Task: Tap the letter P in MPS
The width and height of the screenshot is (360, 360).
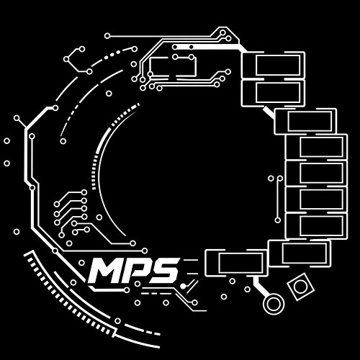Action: pos(136,271)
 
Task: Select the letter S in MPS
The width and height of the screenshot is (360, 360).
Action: pos(164,271)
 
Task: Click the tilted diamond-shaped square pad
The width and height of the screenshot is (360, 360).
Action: pos(301,287)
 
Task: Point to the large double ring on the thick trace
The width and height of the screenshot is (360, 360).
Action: pos(274,304)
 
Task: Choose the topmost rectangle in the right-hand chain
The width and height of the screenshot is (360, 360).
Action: pos(274,65)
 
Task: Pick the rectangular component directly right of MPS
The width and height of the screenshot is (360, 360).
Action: pos(236,263)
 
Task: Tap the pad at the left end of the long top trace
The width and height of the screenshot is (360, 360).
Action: pos(107,36)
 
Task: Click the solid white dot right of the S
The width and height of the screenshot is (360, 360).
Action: pos(183,286)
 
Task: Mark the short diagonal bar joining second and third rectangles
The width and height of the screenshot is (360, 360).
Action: pos(269,112)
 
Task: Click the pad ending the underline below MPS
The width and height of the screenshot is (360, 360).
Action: pos(127,290)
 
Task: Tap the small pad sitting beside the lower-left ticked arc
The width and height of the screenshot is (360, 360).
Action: pos(117,321)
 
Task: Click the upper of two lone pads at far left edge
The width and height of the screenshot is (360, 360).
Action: pos(7,141)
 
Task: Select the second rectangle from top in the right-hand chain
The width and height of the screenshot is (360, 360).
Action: pos(274,93)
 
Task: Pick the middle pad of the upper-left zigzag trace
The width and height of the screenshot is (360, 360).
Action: pos(66,59)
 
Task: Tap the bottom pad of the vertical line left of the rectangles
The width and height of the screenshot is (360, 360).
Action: pos(278,220)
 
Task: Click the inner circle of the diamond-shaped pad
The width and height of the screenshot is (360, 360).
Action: pos(300,287)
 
